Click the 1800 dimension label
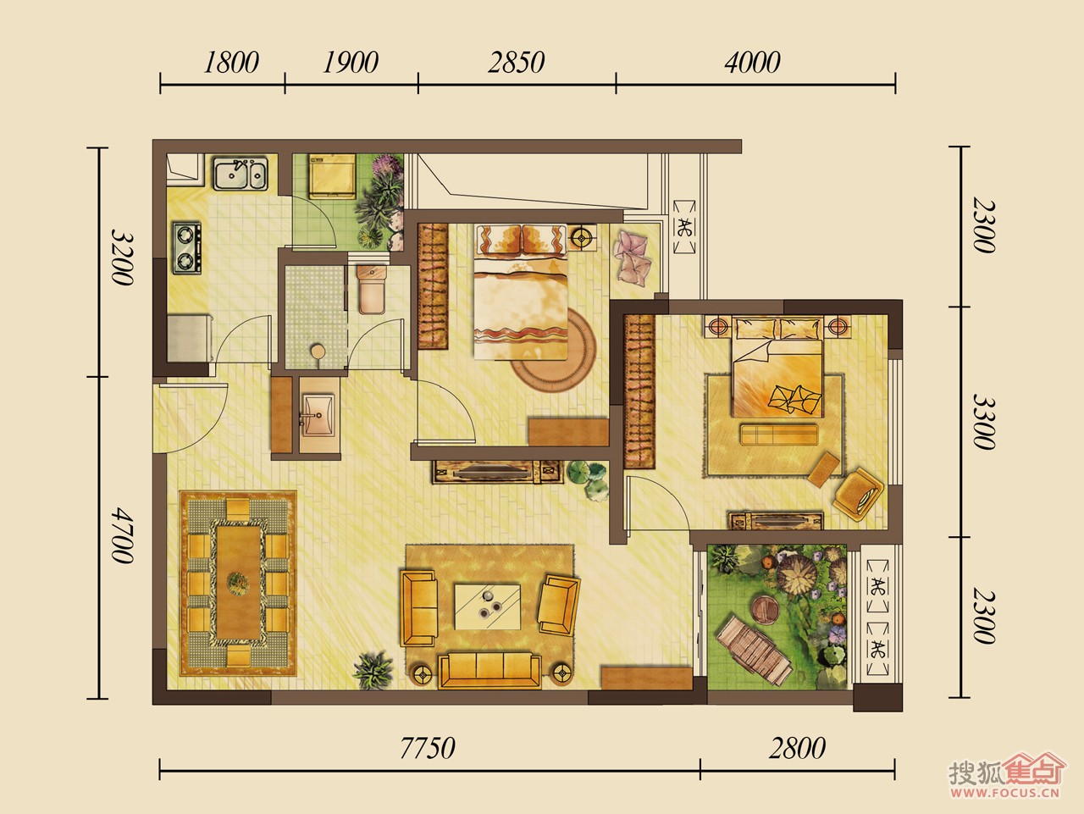230,63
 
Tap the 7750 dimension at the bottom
427,748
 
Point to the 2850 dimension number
516,63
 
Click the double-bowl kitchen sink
241,174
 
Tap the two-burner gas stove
187,248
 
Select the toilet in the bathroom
372,290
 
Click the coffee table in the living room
488,607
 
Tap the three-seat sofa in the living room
489,670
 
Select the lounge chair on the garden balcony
753,651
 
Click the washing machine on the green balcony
332,176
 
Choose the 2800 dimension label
797,748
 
